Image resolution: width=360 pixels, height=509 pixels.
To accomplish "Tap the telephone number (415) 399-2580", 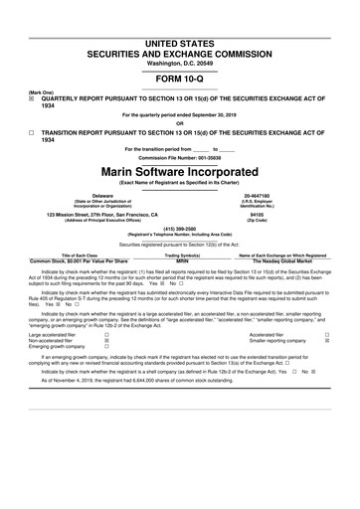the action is (179, 225).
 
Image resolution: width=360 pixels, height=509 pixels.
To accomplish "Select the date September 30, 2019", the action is (214, 115).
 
